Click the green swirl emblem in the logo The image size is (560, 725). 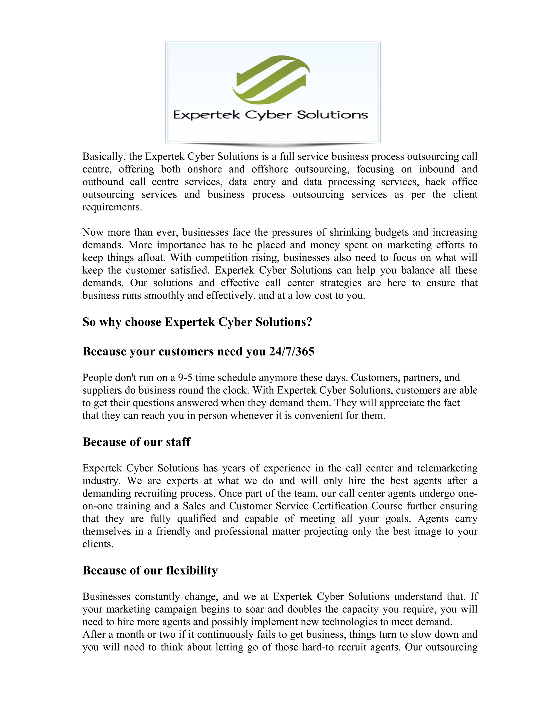pyautogui.click(x=271, y=80)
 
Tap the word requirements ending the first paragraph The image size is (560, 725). pyautogui.click(x=112, y=207)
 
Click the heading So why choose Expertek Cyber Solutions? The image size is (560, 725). pyautogui.click(x=197, y=322)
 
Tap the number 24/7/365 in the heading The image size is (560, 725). pyautogui.click(x=291, y=351)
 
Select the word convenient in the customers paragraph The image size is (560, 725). pyautogui.click(x=319, y=415)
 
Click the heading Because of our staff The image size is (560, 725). pyautogui.click(x=136, y=442)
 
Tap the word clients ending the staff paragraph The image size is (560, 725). pyautogui.click(x=98, y=544)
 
